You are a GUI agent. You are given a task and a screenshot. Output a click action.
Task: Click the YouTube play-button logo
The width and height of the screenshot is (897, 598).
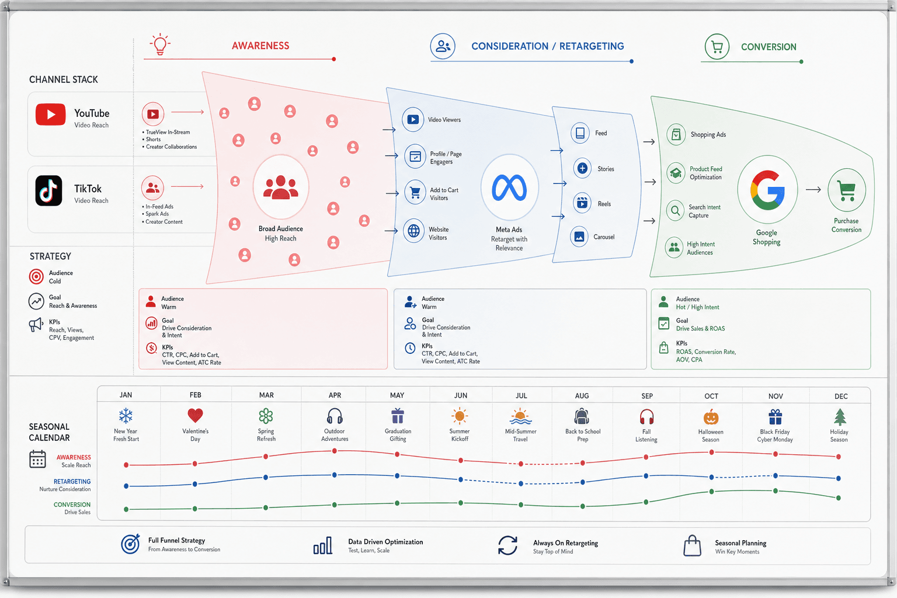pos(50,114)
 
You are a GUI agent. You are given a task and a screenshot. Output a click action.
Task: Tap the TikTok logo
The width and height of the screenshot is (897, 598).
pos(49,190)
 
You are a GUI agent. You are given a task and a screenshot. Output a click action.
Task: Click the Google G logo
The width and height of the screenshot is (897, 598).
pos(767,190)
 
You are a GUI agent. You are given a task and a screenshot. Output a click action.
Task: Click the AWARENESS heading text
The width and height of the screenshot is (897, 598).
pos(260,46)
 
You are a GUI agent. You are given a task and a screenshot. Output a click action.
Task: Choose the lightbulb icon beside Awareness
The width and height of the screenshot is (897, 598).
pos(160,44)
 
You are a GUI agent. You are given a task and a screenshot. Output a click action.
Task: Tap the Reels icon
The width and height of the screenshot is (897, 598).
pos(582,203)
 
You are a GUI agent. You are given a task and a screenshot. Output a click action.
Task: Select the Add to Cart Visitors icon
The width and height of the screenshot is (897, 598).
pos(415,193)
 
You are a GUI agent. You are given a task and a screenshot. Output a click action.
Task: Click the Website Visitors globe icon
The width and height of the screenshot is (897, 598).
pos(413,231)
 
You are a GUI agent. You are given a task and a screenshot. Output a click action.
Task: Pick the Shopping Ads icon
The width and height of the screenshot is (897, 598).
pos(676,134)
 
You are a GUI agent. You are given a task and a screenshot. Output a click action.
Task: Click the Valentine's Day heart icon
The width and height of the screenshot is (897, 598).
pos(195,415)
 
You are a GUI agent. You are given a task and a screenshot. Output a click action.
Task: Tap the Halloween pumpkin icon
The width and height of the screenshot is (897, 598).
pos(711,417)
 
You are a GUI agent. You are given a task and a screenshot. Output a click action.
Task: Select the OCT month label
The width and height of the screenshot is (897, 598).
pos(711,396)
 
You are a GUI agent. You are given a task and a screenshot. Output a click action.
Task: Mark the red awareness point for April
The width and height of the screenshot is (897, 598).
pos(335,451)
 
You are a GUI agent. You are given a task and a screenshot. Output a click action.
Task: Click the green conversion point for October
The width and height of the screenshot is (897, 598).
pos(712,492)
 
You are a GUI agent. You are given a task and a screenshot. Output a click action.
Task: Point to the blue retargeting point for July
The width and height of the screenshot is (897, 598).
pos(520,484)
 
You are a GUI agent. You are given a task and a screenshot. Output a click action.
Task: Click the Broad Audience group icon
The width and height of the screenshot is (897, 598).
pos(280,187)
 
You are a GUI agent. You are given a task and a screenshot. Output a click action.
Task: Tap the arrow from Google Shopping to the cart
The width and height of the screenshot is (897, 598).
pos(813,189)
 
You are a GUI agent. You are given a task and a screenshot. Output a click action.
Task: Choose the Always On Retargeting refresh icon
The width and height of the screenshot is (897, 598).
pos(507,545)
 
